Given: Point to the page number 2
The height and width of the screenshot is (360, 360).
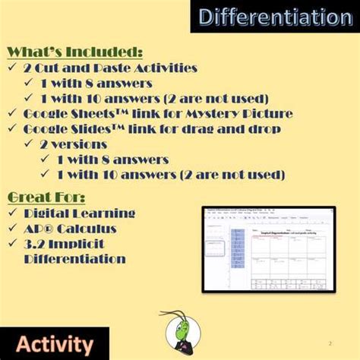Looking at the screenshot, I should [x=330, y=343].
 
